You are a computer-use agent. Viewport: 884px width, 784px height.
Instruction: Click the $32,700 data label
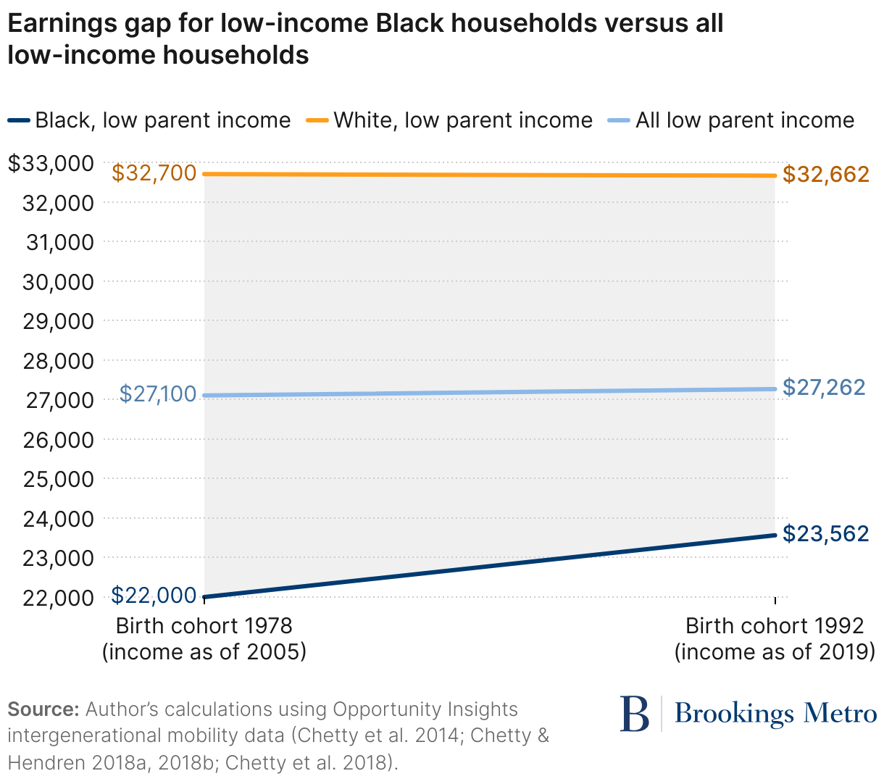pyautogui.click(x=154, y=173)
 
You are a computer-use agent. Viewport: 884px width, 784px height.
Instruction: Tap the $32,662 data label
pyautogui.click(x=825, y=175)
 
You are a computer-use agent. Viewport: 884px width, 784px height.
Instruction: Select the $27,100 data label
pyautogui.click(x=157, y=393)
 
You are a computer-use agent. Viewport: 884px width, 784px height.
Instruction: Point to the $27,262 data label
pyautogui.click(x=824, y=387)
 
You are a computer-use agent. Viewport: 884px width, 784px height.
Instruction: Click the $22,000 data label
pyautogui.click(x=154, y=595)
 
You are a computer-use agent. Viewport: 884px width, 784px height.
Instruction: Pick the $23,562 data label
pyautogui.click(x=825, y=534)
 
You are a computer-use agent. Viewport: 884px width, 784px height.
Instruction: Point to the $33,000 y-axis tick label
pyautogui.click(x=51, y=163)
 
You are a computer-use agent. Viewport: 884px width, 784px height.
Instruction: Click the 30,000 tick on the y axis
pyautogui.click(x=58, y=282)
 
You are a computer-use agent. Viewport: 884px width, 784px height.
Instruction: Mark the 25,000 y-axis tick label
pyautogui.click(x=58, y=480)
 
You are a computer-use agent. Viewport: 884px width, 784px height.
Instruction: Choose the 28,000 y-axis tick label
pyautogui.click(x=58, y=361)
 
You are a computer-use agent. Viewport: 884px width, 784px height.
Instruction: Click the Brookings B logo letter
pyautogui.click(x=635, y=714)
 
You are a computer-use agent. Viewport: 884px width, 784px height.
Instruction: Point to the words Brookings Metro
pyautogui.click(x=775, y=714)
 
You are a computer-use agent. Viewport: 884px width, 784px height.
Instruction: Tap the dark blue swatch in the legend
pyautogui.click(x=19, y=120)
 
